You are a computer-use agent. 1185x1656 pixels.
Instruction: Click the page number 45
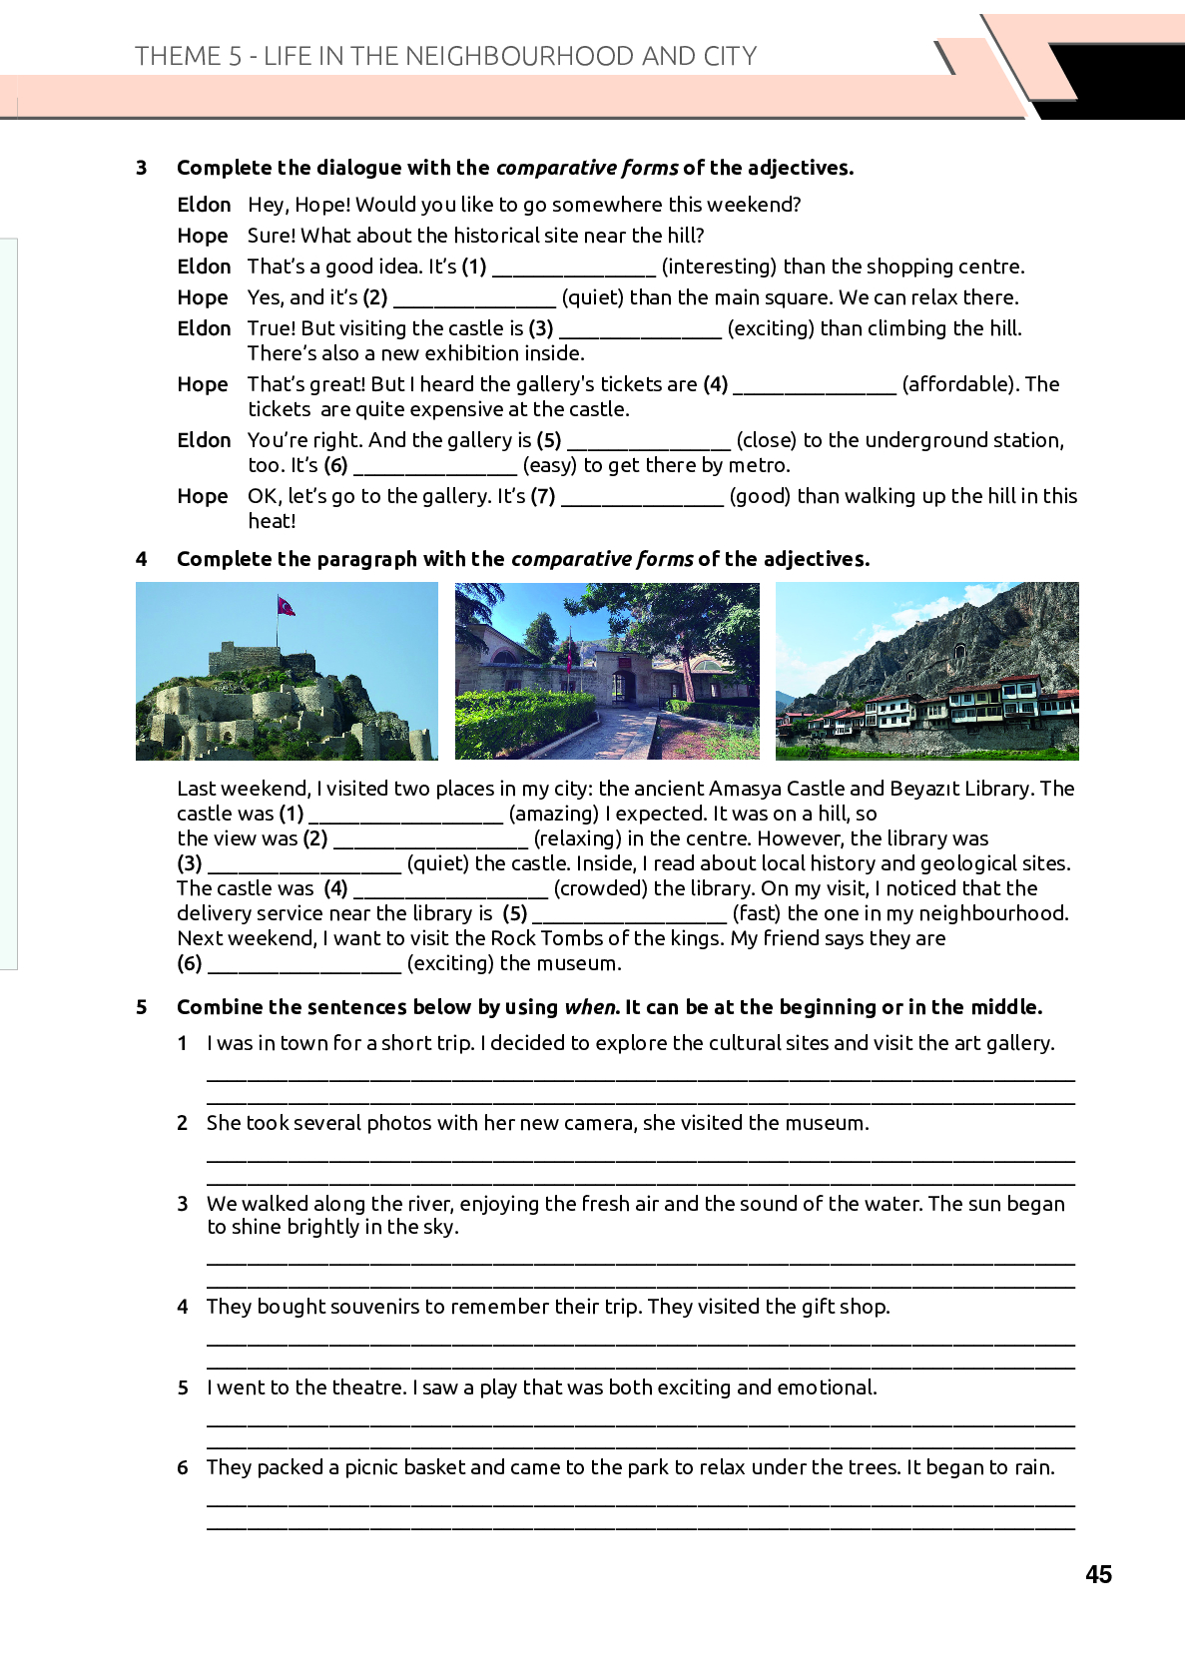[x=1098, y=1574]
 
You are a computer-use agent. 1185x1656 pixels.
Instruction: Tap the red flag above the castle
[x=287, y=605]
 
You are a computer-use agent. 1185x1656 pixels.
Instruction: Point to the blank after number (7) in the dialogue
[x=642, y=498]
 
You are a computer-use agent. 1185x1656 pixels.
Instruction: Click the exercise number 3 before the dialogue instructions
[x=142, y=168]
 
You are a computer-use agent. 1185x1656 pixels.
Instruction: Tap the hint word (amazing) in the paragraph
[x=554, y=814]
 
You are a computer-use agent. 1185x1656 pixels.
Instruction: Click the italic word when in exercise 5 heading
[x=591, y=1007]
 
